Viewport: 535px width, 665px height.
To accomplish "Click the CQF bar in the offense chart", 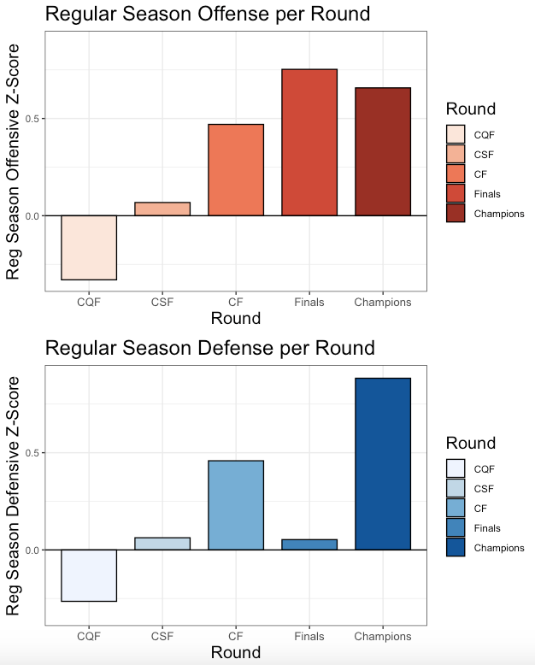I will [x=89, y=247].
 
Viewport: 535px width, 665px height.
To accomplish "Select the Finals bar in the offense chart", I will [x=309, y=142].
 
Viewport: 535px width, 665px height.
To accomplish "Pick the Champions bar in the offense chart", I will [x=383, y=151].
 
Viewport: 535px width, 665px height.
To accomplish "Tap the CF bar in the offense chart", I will [x=236, y=170].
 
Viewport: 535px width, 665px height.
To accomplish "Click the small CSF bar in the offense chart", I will [x=162, y=209].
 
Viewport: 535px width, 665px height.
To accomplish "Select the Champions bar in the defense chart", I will [x=383, y=463].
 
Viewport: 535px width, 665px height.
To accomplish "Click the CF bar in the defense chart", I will [x=236, y=504].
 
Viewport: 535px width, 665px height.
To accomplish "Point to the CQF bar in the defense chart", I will [x=89, y=575].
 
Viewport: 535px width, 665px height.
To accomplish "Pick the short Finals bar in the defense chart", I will [x=309, y=544].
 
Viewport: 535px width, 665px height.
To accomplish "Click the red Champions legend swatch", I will [x=456, y=214].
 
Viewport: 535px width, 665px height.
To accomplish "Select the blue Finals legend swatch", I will [x=456, y=528].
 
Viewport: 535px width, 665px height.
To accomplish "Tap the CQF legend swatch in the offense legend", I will [x=456, y=134].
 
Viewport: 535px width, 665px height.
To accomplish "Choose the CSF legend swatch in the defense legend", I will [x=456, y=489].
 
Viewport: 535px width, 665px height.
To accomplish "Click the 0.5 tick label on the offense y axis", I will [x=31, y=119].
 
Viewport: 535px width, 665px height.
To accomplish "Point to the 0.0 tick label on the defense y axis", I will [x=31, y=550].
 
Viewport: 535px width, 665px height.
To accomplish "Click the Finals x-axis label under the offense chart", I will [x=309, y=303].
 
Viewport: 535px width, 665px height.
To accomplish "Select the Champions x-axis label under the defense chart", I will [x=383, y=637].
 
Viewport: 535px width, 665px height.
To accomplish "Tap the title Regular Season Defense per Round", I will [x=209, y=348].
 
